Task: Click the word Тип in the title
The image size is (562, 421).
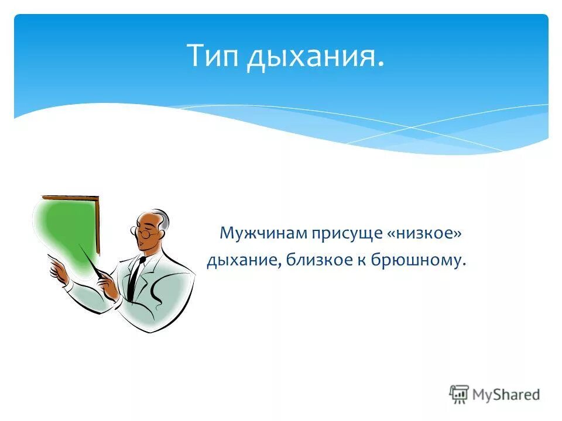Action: [213, 56]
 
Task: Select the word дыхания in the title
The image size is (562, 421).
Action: [316, 57]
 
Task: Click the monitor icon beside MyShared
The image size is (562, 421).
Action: [460, 394]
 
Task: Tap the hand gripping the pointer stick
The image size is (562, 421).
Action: [108, 285]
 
